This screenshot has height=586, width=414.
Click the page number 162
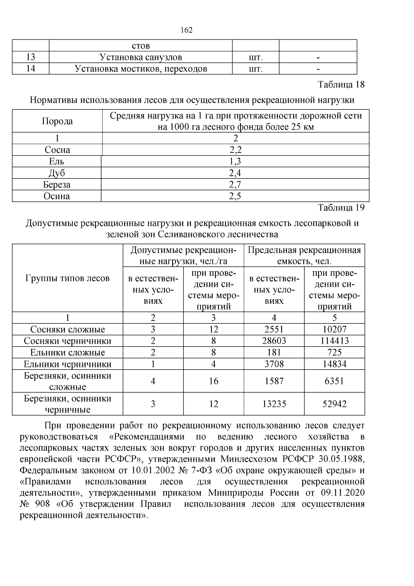[x=186, y=30]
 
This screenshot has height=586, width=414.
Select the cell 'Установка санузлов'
[x=140, y=57]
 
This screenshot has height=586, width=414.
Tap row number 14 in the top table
[x=30, y=69]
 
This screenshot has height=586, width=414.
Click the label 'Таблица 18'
[x=341, y=85]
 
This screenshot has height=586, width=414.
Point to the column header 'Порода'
[x=57, y=121]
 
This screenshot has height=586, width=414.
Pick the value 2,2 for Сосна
[x=235, y=150]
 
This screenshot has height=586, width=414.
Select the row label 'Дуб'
[x=57, y=173]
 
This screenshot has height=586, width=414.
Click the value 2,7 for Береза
[x=235, y=185]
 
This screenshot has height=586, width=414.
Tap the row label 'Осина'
[x=57, y=196]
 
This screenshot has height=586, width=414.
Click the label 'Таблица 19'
[x=341, y=207]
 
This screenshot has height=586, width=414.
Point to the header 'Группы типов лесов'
[x=68, y=278]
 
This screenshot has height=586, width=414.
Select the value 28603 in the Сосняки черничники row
[x=274, y=341]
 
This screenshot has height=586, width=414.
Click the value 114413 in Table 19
[x=334, y=341]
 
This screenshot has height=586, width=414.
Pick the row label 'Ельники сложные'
[x=68, y=352]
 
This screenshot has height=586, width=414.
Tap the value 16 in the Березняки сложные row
[x=214, y=381]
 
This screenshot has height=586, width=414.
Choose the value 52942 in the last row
[x=334, y=404]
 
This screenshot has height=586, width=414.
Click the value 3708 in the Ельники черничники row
[x=274, y=364]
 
